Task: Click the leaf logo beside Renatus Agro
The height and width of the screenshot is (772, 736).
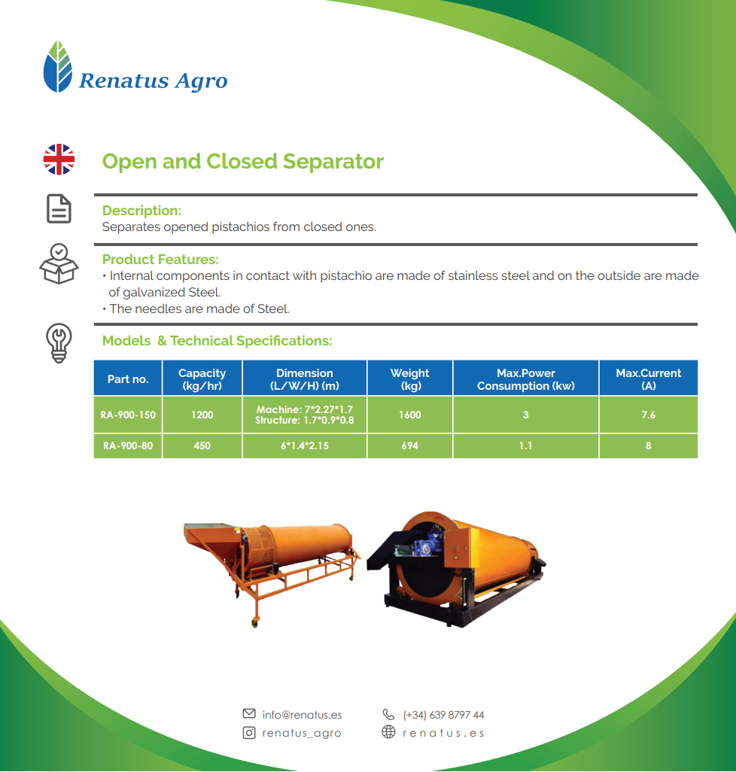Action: pyautogui.click(x=58, y=66)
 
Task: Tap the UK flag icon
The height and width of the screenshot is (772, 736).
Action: pyautogui.click(x=59, y=160)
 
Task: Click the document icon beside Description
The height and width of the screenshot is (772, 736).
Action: pyautogui.click(x=59, y=208)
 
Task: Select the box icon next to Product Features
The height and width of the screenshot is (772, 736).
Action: pyautogui.click(x=59, y=263)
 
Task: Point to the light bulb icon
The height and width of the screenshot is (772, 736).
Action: pyautogui.click(x=59, y=343)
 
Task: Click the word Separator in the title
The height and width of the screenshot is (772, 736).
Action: pyautogui.click(x=333, y=162)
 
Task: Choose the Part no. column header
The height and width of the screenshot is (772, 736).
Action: pyautogui.click(x=128, y=378)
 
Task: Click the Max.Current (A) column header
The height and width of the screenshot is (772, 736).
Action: pyautogui.click(x=649, y=378)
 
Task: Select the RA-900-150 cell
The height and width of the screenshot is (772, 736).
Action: pyautogui.click(x=128, y=415)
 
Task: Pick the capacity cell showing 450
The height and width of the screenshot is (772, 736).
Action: pyautogui.click(x=202, y=446)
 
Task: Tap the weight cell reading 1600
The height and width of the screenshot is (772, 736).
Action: pyautogui.click(x=410, y=415)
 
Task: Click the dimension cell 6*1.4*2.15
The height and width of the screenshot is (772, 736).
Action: pyautogui.click(x=305, y=446)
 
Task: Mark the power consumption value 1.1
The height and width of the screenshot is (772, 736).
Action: pyautogui.click(x=526, y=446)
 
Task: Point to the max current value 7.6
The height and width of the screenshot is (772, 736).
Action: pyautogui.click(x=649, y=415)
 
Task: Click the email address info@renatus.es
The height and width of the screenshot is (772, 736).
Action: pyautogui.click(x=302, y=715)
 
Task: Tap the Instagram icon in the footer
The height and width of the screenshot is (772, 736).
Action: pyautogui.click(x=249, y=733)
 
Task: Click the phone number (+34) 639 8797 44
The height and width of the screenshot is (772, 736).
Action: pyautogui.click(x=443, y=715)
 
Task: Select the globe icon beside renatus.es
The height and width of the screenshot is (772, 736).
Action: pyautogui.click(x=388, y=732)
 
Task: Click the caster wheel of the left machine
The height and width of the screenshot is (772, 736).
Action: pyautogui.click(x=254, y=622)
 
